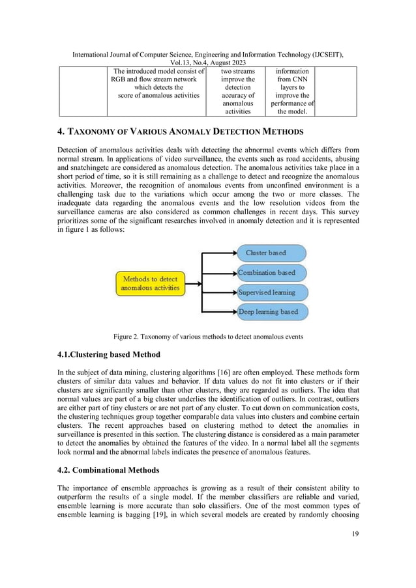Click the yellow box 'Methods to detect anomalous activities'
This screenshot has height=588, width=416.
(150, 283)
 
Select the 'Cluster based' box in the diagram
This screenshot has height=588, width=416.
(269, 253)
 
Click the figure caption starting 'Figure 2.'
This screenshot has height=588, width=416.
(207, 337)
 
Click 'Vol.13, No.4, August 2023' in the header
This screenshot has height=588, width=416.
(207, 61)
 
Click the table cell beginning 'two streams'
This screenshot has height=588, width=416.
(237, 91)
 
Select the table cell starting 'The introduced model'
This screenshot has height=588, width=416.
(160, 84)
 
